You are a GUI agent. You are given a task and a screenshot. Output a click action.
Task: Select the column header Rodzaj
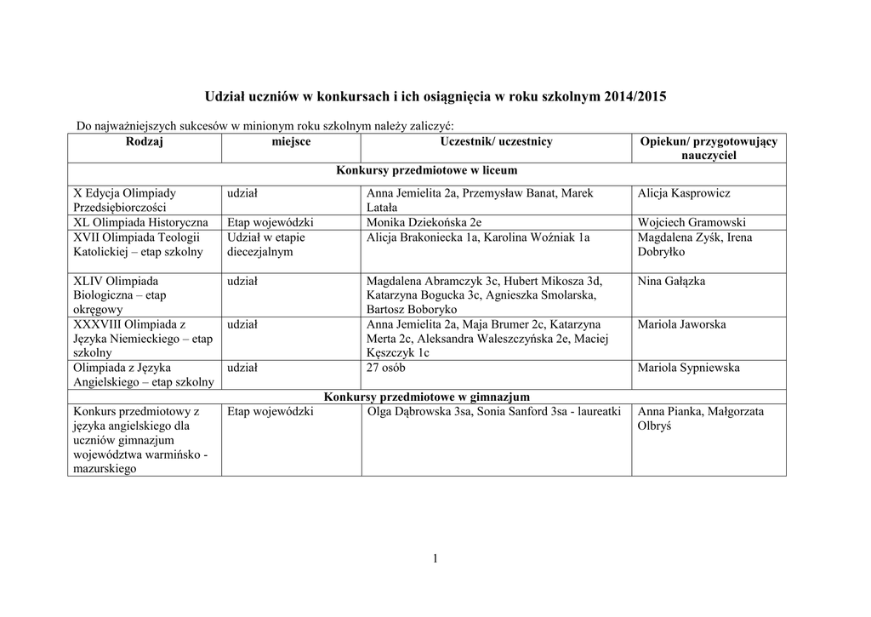[144, 142]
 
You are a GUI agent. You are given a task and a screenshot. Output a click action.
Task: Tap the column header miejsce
[290, 142]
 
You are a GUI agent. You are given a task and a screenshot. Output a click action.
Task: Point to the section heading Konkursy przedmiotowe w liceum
[427, 171]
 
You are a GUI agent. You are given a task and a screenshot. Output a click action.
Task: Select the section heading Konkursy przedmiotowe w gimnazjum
[427, 397]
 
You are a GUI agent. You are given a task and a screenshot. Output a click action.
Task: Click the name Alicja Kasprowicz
[683, 193]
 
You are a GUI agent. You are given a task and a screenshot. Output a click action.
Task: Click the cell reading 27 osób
[385, 368]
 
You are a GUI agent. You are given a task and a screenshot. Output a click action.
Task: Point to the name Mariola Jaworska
[681, 324]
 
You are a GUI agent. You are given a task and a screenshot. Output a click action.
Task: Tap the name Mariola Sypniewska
[688, 368]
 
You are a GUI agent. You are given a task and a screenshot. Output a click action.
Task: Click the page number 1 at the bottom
[435, 558]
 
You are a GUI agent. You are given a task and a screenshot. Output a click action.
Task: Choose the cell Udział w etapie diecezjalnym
[265, 244]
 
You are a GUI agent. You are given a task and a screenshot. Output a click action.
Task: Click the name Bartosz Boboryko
[412, 310]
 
